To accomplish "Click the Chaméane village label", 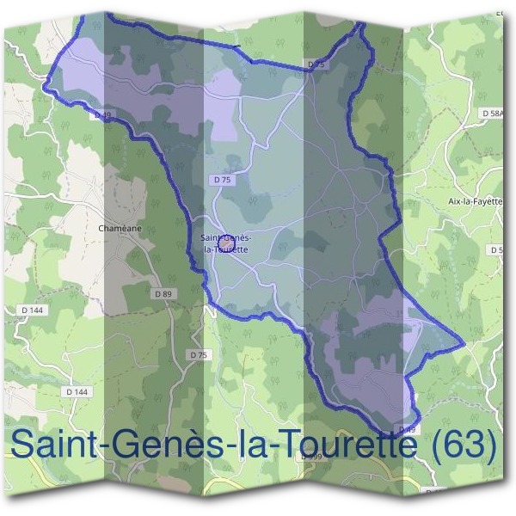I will pyautogui.click(x=120, y=229).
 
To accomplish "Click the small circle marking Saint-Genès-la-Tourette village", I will pyautogui.click(x=225, y=244).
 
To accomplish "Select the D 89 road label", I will pyautogui.click(x=163, y=294).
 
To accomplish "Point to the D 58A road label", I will pyautogui.click(x=494, y=114).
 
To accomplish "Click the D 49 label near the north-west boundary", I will pyautogui.click(x=102, y=114).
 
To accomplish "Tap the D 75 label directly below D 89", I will pyautogui.click(x=198, y=354).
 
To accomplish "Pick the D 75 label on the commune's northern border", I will pyautogui.click(x=316, y=64).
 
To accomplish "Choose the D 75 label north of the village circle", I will pyautogui.click(x=221, y=179).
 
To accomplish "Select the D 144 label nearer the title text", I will pyautogui.click(x=77, y=392).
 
